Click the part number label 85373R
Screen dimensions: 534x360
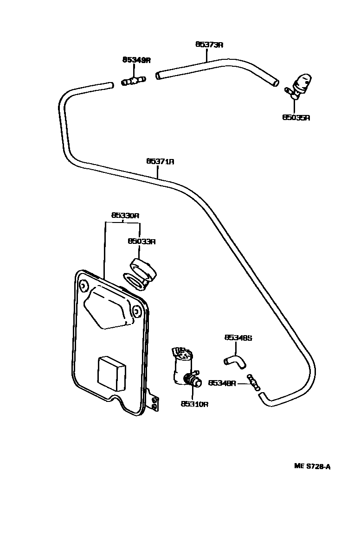tap(209, 44)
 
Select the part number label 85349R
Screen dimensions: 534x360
tap(136, 60)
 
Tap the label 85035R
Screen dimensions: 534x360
tap(296, 117)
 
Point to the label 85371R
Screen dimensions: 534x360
tap(160, 161)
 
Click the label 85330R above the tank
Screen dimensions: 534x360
tap(125, 216)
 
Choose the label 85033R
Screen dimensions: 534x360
tap(141, 241)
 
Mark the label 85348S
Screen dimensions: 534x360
tap(238, 338)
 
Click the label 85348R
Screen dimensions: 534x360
tap(222, 383)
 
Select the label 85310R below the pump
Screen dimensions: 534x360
tap(194, 404)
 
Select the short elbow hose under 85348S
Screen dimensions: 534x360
tap(234, 362)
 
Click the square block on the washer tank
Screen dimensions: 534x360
tap(112, 373)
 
